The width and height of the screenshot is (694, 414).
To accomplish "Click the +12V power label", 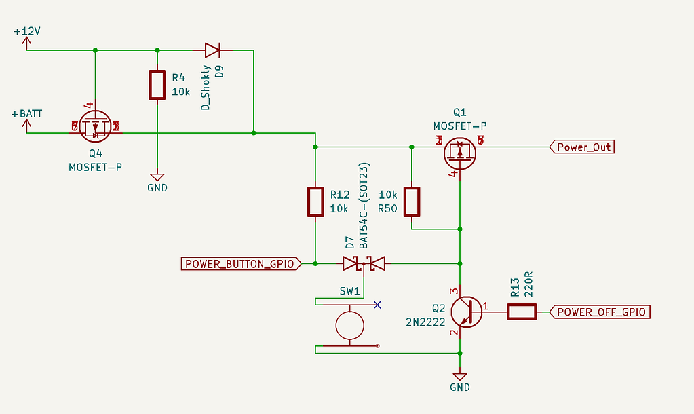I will coord(27,32).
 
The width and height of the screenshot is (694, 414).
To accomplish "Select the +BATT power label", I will coord(27,114).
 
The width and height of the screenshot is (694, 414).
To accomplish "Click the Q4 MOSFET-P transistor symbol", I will coord(95,126).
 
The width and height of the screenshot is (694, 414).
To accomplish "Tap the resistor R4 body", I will coord(157,84).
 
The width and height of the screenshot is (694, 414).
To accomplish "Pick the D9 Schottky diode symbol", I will coord(212,50).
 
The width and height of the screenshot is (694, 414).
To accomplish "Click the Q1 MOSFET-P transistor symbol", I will coord(460,153).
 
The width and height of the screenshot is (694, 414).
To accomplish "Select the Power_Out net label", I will coord(583,147).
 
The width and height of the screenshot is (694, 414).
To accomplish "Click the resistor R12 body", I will coord(315,202).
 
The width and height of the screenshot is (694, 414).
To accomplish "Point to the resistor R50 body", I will coord(412,202).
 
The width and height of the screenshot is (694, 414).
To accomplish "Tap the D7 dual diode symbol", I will coord(364,263).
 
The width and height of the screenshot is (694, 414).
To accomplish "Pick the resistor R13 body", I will coord(522,312).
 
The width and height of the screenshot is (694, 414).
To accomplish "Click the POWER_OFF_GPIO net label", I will coord(600,312).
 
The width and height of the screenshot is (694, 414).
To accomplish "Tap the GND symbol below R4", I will coord(157,178).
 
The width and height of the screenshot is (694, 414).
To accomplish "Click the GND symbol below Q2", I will coord(460,377).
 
